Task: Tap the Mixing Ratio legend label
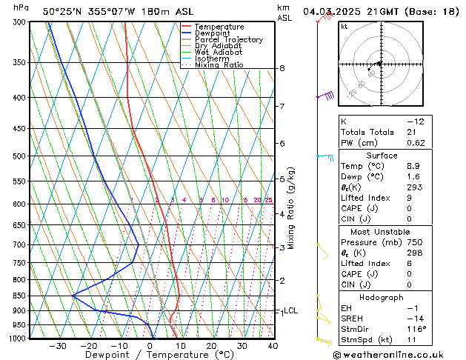(219, 65)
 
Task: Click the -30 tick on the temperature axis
(58, 346)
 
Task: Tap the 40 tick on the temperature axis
(273, 346)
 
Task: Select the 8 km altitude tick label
(282, 68)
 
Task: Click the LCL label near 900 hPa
(291, 311)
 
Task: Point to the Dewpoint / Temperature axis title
(150, 355)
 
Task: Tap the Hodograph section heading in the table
(382, 297)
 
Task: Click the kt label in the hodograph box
(344, 27)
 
